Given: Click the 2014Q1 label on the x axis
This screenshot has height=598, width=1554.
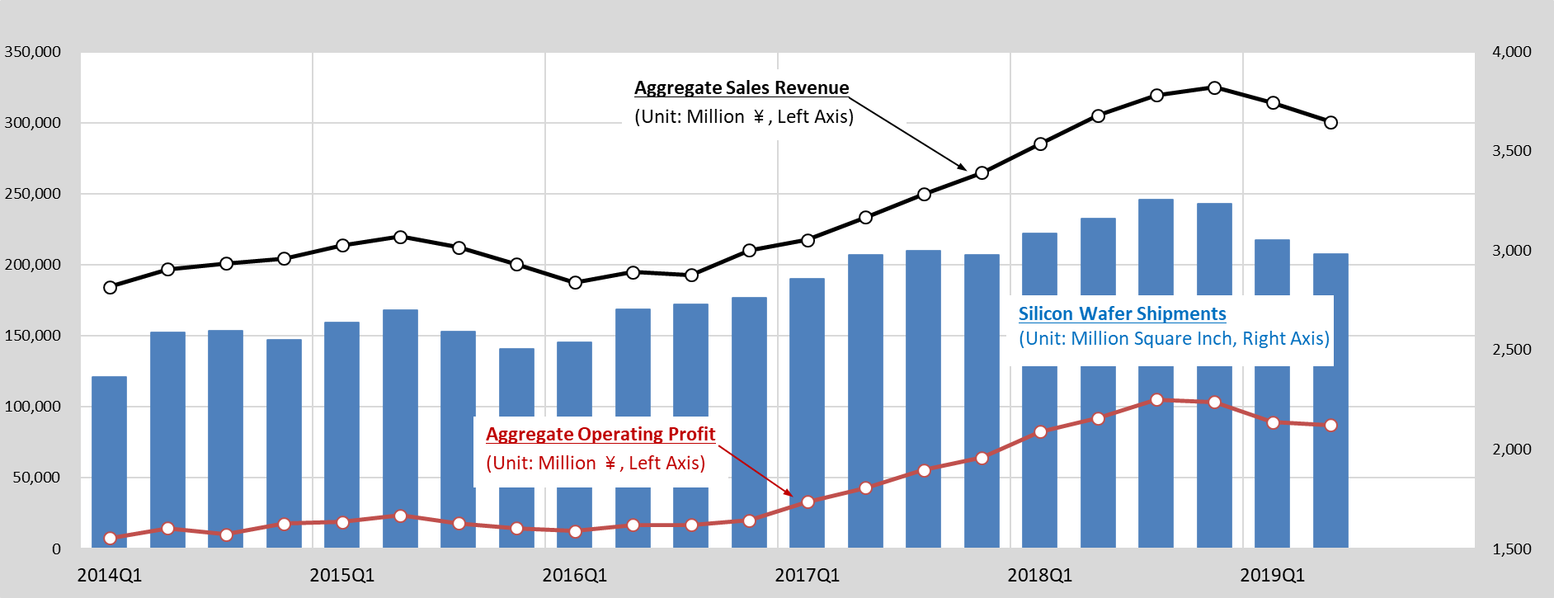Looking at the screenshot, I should tap(109, 575).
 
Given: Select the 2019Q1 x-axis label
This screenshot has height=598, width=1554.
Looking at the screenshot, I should tap(1272, 575).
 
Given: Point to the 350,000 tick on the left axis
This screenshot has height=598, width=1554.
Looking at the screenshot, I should tap(33, 52).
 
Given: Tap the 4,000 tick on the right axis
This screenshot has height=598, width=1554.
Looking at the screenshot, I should tap(1511, 52).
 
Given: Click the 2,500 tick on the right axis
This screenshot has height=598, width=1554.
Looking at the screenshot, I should tap(1511, 350).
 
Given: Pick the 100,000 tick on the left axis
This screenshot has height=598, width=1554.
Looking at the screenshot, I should tap(33, 407).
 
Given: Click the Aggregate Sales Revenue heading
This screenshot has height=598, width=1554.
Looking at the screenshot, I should tap(741, 88).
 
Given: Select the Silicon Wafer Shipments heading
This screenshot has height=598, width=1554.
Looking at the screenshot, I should tap(1122, 314).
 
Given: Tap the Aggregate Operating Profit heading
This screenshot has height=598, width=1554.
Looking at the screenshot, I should tap(600, 435).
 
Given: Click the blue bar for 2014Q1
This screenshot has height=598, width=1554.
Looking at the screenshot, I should tap(109, 462).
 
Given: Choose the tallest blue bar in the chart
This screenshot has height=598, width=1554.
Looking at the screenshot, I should tap(1156, 247).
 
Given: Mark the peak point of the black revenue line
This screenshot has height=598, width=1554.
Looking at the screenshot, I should tap(1214, 87).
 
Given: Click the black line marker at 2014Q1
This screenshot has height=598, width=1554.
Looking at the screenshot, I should tap(110, 287).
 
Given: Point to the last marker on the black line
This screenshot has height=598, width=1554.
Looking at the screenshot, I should tap(1330, 122).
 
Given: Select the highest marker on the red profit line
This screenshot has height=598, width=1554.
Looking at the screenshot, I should tap(1156, 400).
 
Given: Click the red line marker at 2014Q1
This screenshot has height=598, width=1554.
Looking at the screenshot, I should tap(110, 538).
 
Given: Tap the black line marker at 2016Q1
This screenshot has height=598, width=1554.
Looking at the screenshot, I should tap(576, 282).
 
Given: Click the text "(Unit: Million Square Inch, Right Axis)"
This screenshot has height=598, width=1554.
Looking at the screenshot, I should tap(1174, 339).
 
